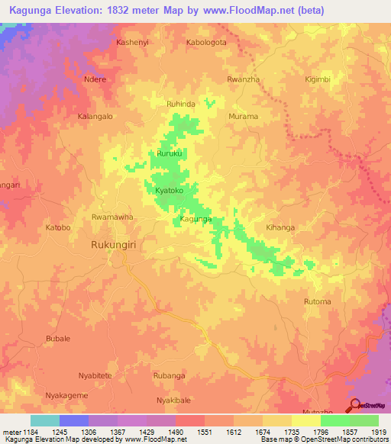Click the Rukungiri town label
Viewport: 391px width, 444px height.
[x=115, y=246]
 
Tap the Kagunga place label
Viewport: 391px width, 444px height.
[x=195, y=220]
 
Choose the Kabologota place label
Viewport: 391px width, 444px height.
[x=206, y=43]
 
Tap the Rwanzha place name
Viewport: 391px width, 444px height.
[x=244, y=79]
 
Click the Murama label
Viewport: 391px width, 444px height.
[x=244, y=116]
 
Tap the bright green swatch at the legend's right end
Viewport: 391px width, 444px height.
[x=364, y=420]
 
